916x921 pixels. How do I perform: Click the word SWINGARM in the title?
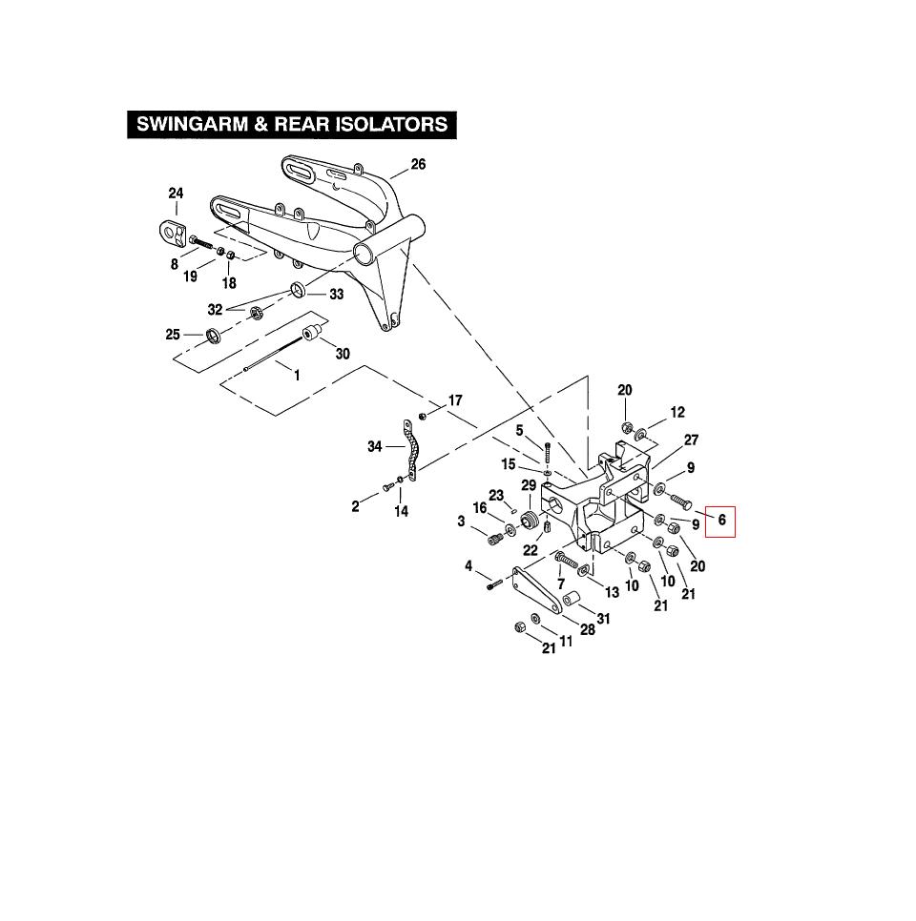(x=190, y=125)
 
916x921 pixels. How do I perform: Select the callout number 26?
(x=418, y=164)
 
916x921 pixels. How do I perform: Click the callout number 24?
(x=176, y=194)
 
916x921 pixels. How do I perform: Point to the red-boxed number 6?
(x=721, y=520)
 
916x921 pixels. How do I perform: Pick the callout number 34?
(x=375, y=446)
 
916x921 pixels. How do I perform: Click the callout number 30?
(x=343, y=354)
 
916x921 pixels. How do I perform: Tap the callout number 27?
(x=691, y=440)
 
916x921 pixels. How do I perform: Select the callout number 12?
(x=677, y=413)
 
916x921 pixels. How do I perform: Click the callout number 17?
(x=455, y=400)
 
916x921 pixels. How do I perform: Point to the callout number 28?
(x=589, y=630)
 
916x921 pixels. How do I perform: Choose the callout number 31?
(x=603, y=619)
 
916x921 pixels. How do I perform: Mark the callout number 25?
(x=173, y=334)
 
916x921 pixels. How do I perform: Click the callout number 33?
(x=336, y=295)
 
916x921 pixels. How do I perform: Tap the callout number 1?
(x=297, y=376)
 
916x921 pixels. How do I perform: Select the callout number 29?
(x=529, y=485)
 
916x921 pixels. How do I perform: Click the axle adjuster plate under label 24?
(x=171, y=230)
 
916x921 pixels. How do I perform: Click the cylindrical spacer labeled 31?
(x=572, y=601)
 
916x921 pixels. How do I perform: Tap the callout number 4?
(x=468, y=566)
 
